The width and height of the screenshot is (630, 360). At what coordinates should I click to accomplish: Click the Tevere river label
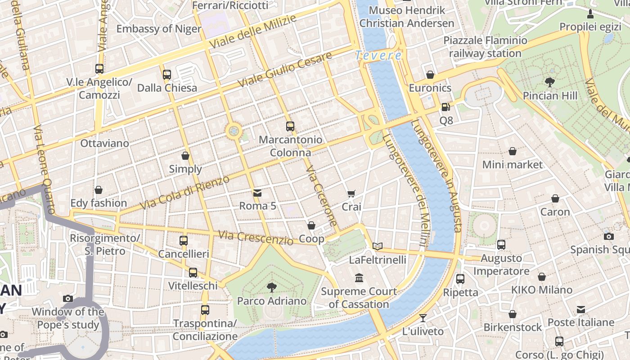coord(378,56)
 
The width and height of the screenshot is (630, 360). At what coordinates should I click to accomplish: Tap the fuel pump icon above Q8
coord(445,107)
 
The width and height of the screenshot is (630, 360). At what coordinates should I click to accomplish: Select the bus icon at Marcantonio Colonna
coord(290,126)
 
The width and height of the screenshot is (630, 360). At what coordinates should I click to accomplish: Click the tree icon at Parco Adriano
coord(271,287)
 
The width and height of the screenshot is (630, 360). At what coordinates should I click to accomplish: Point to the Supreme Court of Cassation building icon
coord(359,278)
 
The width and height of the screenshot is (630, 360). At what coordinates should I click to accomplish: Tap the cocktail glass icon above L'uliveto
coord(423,318)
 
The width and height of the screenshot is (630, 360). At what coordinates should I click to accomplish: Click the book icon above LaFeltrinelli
coord(378,246)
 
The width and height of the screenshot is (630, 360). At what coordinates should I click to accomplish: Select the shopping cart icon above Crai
coord(351,194)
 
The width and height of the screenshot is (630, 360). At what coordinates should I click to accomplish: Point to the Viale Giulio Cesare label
coord(285,70)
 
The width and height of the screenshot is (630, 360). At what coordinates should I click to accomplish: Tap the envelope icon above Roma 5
coord(257,193)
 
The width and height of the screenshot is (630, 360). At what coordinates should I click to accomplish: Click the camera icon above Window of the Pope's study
coord(68,298)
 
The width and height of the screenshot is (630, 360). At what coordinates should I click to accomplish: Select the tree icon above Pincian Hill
coord(549,82)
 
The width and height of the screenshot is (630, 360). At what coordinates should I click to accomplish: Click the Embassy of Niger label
coord(159,29)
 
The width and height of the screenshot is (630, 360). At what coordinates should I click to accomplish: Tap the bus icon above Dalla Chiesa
coord(167,74)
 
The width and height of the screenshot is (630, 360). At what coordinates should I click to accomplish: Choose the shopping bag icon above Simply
coord(185,156)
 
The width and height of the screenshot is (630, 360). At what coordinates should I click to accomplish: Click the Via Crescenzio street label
coord(256,238)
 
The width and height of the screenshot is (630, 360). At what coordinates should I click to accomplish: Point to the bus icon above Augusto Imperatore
coord(501,245)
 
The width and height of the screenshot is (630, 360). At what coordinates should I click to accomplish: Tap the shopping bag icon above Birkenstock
coord(513,314)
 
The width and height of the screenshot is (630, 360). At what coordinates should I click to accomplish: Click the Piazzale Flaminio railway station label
coord(485,47)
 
